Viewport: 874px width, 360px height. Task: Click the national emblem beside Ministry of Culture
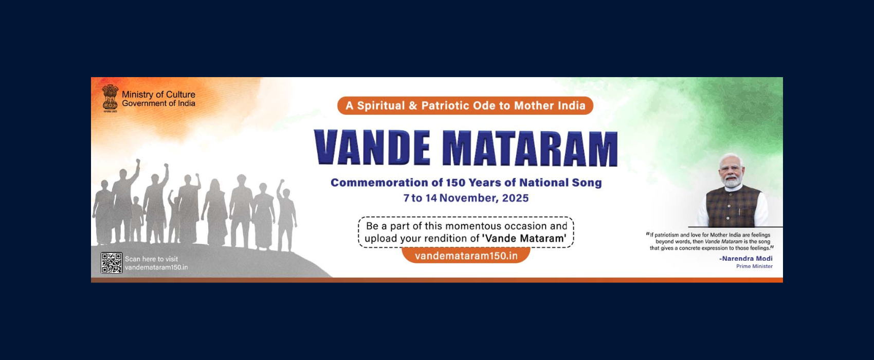click(110, 98)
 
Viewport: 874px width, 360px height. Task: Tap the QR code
click(111, 263)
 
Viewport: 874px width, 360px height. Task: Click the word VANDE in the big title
click(372, 148)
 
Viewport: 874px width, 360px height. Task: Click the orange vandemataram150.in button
click(466, 256)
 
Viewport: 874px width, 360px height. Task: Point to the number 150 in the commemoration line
click(456, 183)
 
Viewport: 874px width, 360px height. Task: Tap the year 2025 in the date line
click(515, 198)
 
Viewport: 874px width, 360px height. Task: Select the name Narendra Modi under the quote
click(747, 259)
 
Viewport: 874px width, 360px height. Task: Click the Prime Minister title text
click(754, 266)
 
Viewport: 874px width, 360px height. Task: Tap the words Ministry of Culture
click(158, 95)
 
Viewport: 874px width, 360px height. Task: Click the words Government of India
click(158, 103)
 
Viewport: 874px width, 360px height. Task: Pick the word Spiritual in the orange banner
click(381, 106)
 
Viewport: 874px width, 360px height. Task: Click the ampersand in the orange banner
click(413, 106)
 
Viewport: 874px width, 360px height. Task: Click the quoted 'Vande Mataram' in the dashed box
click(524, 239)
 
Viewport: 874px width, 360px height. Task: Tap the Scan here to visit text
click(151, 259)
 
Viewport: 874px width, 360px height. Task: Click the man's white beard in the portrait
click(732, 181)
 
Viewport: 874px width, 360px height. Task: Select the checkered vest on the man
click(732, 206)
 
